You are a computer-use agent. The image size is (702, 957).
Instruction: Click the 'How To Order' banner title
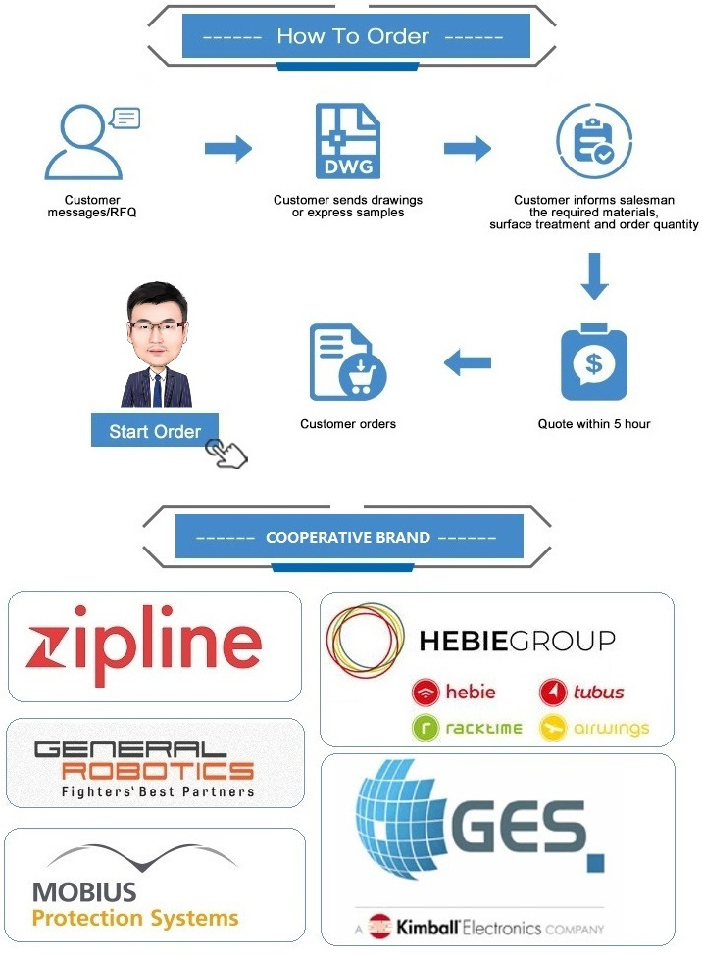click(x=353, y=37)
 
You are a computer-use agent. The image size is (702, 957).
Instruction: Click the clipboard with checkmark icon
click(x=593, y=143)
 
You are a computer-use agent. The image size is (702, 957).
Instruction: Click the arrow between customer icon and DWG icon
click(x=227, y=149)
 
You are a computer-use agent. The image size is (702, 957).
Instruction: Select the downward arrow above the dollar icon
click(x=594, y=277)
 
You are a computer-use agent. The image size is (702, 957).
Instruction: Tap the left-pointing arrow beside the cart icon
click(x=468, y=363)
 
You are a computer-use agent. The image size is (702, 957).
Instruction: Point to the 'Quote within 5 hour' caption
click(x=594, y=424)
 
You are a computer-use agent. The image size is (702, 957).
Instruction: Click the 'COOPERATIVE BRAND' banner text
click(x=348, y=537)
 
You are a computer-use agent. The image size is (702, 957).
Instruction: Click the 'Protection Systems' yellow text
click(x=135, y=918)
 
